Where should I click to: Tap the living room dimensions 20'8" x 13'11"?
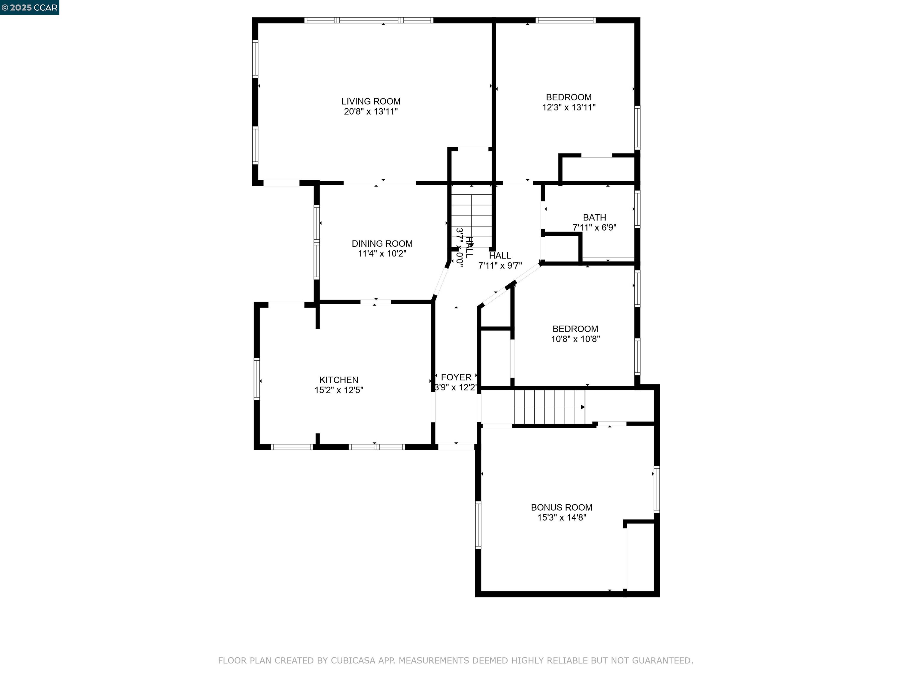pyautogui.click(x=371, y=111)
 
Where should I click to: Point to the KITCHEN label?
pyautogui.click(x=338, y=380)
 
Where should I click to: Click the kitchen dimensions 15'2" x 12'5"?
pyautogui.click(x=338, y=390)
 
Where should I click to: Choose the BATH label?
pyautogui.click(x=594, y=217)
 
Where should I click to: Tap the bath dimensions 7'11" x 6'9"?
pyautogui.click(x=594, y=227)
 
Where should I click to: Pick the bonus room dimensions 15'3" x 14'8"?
pyautogui.click(x=561, y=517)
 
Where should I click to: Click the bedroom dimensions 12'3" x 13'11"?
pyautogui.click(x=569, y=107)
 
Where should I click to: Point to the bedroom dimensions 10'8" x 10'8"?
pyautogui.click(x=575, y=339)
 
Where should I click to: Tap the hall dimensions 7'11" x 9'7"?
pyautogui.click(x=500, y=265)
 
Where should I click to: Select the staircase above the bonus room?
pyautogui.click(x=549, y=407)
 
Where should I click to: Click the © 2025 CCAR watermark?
pyautogui.click(x=29, y=7)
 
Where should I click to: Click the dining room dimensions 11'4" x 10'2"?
pyautogui.click(x=382, y=254)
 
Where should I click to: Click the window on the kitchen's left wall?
pyautogui.click(x=257, y=379)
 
